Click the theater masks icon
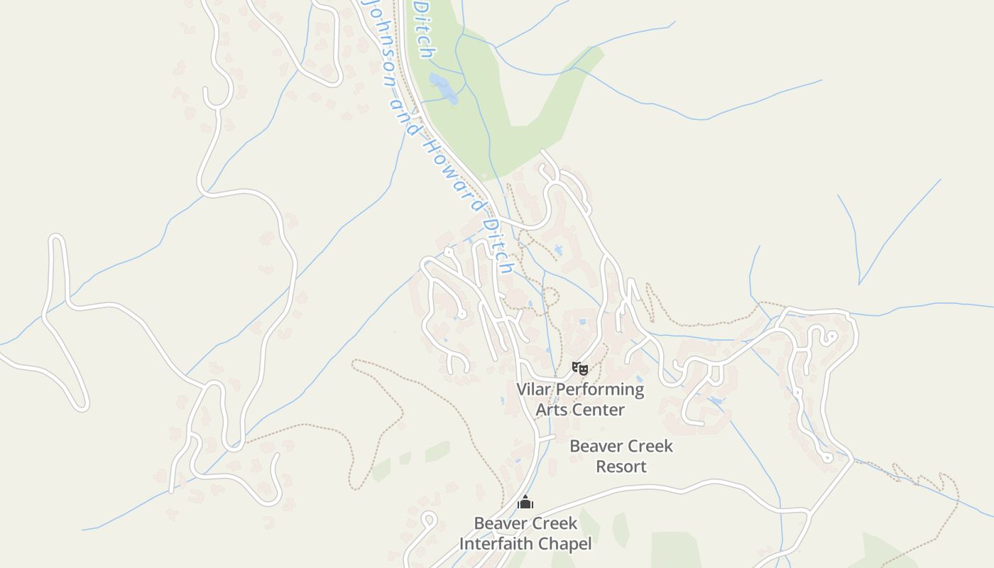(580, 368)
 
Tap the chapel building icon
(525, 503)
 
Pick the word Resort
(621, 466)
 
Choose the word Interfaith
(495, 544)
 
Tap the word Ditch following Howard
(496, 246)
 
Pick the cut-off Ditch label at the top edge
(423, 28)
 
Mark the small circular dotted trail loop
(551, 297)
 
